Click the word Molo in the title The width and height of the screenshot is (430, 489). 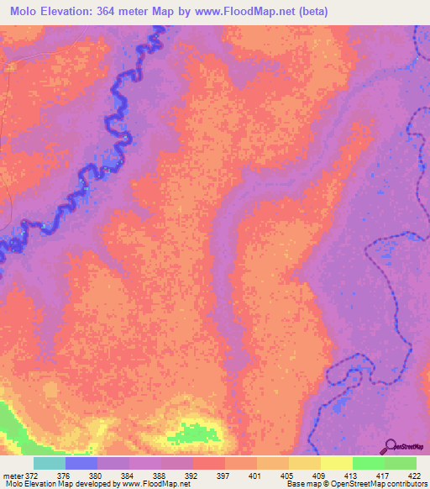pos(25,12)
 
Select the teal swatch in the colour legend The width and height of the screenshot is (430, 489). pos(50,463)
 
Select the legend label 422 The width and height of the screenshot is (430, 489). pos(414,476)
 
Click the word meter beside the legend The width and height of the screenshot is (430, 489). pos(12,476)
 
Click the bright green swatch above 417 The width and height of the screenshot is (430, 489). pos(368,463)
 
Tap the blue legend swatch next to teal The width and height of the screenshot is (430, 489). pos(81,463)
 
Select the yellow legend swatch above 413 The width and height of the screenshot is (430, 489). pos(336,463)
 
